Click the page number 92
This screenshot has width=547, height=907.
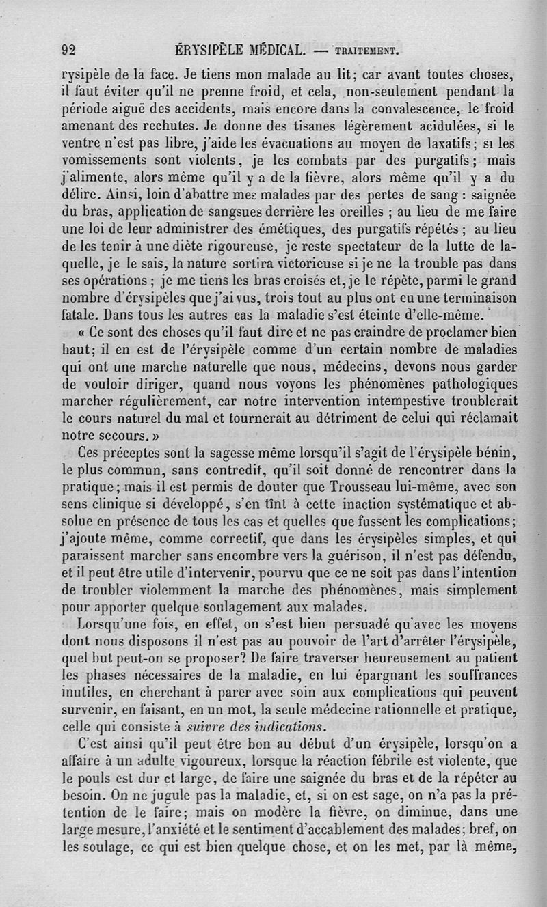point(68,49)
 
